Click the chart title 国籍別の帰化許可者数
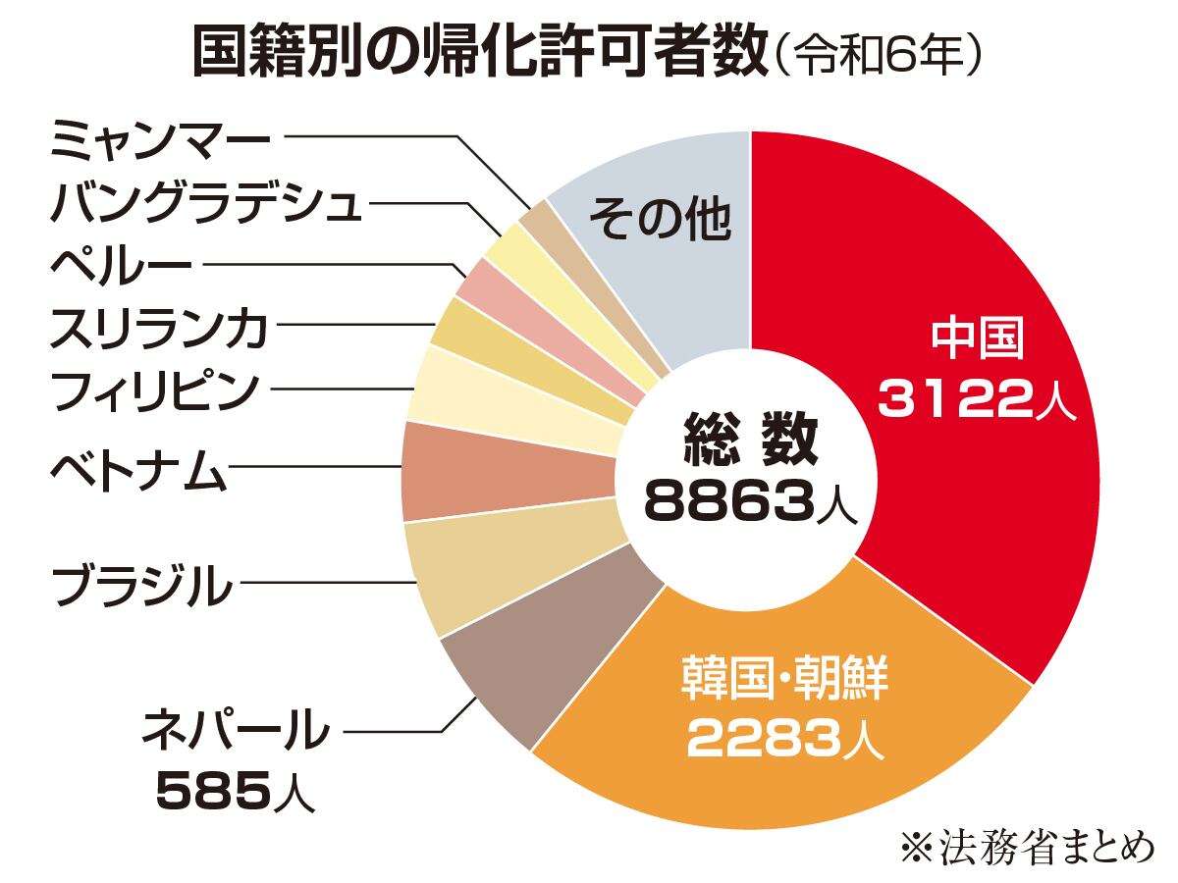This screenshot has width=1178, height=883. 477,53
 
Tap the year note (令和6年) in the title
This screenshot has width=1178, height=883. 880,57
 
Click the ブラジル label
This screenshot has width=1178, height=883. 141,586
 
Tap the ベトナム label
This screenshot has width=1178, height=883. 138,472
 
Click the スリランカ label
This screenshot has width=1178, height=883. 158,330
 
